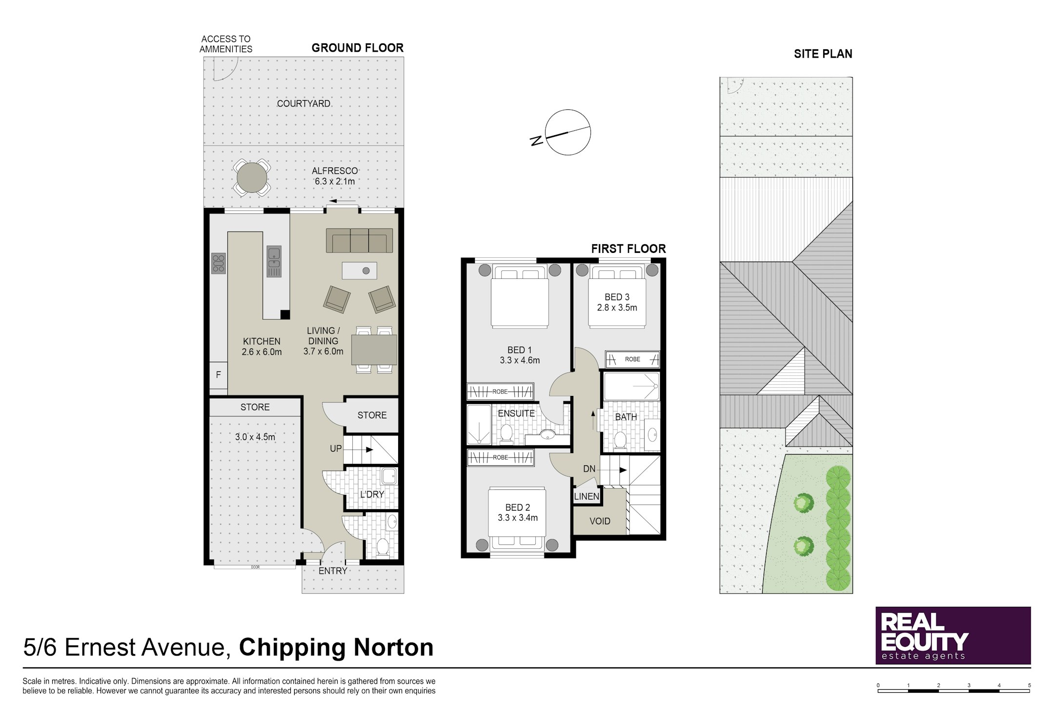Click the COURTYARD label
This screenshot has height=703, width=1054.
point(304,103)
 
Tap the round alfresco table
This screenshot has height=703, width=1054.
point(252,177)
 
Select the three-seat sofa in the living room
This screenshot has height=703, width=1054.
point(360,240)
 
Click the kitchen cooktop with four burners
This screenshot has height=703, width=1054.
point(218,263)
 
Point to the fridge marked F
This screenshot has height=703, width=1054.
point(219,375)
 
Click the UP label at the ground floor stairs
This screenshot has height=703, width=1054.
point(336,449)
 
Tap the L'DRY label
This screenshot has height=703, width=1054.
point(372,494)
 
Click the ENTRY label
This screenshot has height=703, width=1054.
point(333,571)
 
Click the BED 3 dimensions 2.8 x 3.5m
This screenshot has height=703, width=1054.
point(617,308)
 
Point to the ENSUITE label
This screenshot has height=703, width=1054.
point(516,414)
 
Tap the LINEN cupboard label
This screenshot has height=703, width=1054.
point(587,496)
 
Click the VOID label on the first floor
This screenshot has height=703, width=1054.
point(600,521)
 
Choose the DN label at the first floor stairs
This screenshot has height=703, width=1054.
point(589,469)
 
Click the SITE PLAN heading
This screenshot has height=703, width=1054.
point(823,54)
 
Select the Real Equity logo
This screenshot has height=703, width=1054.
point(953,635)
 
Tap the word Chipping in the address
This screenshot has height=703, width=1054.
point(292,648)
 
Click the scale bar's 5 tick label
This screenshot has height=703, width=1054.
point(1030,685)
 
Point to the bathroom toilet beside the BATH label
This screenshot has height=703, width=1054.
point(620,439)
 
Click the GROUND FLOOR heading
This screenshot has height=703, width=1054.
point(358,48)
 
